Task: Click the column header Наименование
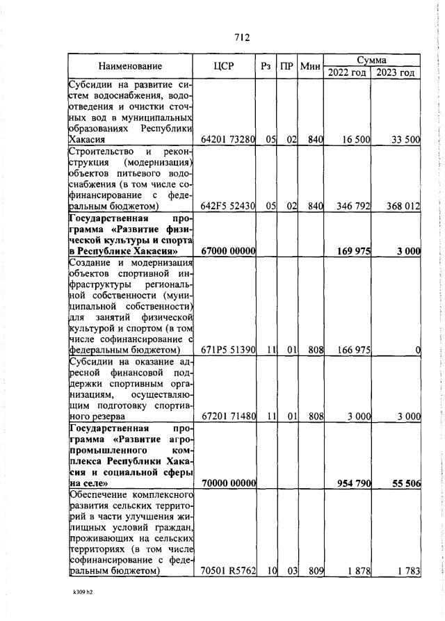[x=130, y=66]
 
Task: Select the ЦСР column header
[x=224, y=66]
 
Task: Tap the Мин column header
[x=311, y=66]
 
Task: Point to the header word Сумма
[x=372, y=60]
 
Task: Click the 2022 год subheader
[x=348, y=72]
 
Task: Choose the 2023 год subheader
[x=395, y=72]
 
